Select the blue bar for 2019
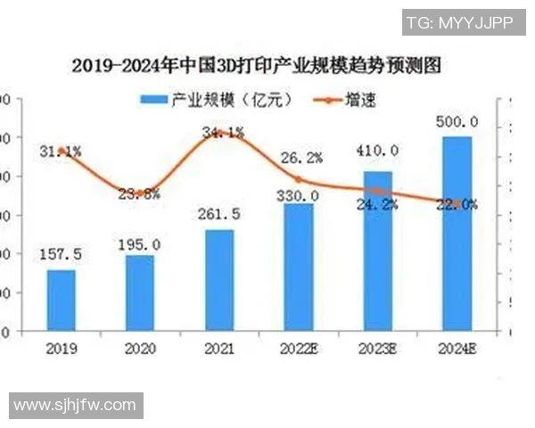click(62, 300)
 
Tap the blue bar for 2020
click(139, 292)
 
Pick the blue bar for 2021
click(219, 280)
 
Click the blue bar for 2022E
click(299, 267)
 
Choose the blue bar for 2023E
click(378, 251)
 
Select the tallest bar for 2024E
click(457, 234)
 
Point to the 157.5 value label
click(62, 255)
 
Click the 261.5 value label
click(219, 216)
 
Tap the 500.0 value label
click(458, 122)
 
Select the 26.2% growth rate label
click(301, 158)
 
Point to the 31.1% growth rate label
click(61, 152)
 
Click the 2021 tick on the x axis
click(219, 349)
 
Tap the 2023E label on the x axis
click(379, 349)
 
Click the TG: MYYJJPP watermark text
click(459, 23)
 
